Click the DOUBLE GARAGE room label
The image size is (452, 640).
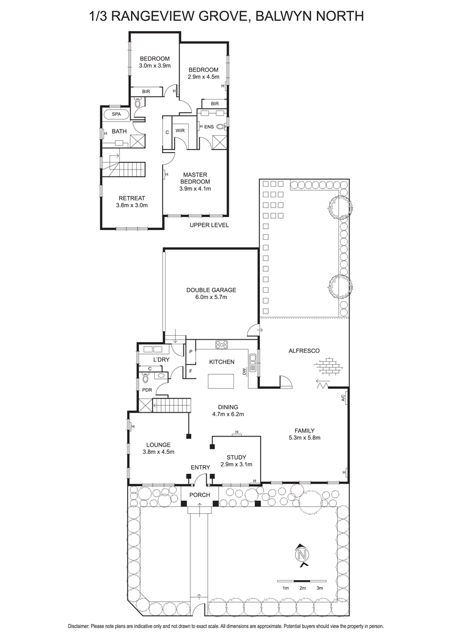[x=211, y=290]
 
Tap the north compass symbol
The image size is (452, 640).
[x=303, y=554]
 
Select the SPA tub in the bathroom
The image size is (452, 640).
[x=116, y=114]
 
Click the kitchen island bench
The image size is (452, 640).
[x=221, y=382]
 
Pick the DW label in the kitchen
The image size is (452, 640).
[x=244, y=371]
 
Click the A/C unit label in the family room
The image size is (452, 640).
[x=344, y=397]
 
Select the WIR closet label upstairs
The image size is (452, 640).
[x=180, y=131]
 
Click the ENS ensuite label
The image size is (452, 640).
[x=209, y=127]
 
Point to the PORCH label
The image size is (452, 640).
[x=199, y=495]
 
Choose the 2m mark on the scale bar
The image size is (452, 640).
[x=303, y=588]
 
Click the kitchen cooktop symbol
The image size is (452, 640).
[x=220, y=344]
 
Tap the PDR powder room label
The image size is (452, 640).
[x=146, y=390]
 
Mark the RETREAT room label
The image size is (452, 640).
[x=132, y=198]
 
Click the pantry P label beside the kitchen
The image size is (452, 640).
[x=191, y=352]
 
